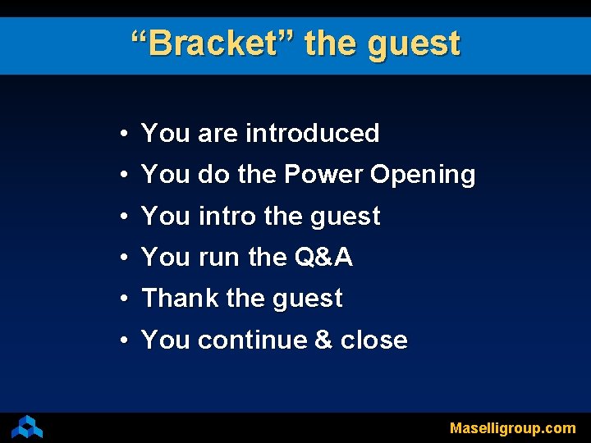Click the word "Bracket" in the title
point(215,43)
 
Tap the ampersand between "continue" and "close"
point(323,340)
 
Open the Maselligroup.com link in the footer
point(512,428)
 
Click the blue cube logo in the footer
point(27,427)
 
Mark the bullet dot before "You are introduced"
point(121,134)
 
